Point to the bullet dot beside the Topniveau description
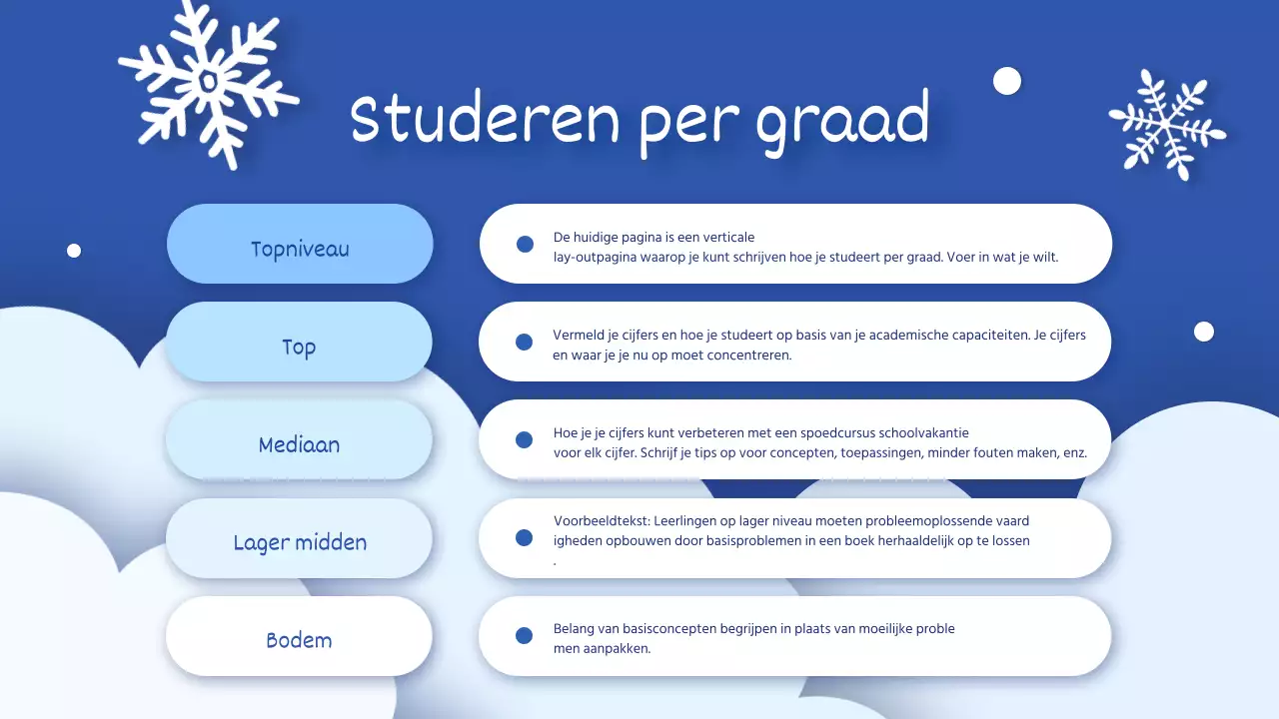(x=525, y=245)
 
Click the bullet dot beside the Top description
(x=524, y=343)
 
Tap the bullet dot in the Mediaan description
(x=524, y=440)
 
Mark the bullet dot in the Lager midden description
(x=524, y=538)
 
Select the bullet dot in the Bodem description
(x=524, y=636)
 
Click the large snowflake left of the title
(x=208, y=83)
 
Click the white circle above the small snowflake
(x=1007, y=81)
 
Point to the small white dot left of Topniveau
(x=74, y=251)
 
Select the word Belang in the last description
(x=574, y=629)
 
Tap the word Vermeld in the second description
(x=579, y=336)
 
